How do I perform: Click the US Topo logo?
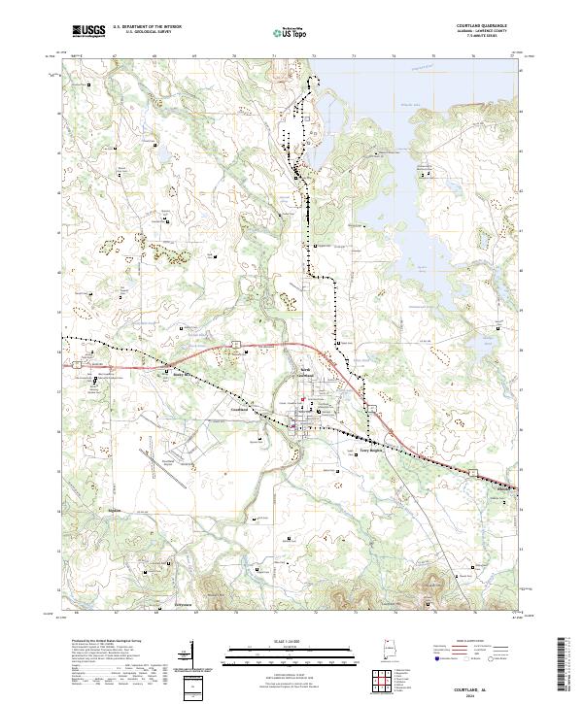pyautogui.click(x=292, y=33)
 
